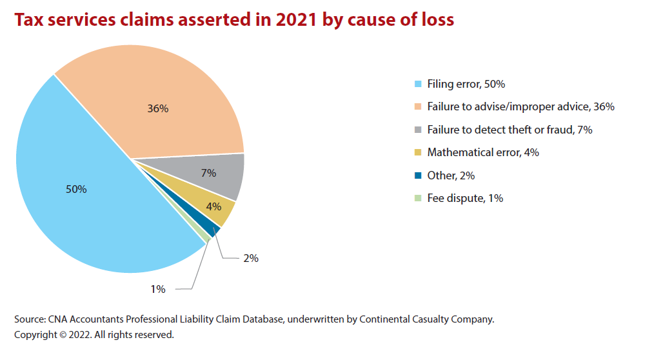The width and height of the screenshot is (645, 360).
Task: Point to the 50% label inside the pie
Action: click(x=76, y=189)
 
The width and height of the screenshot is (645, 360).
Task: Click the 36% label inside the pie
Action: click(x=158, y=108)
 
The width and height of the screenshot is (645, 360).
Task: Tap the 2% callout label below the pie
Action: click(x=251, y=258)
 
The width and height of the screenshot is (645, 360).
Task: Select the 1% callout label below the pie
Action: click(x=158, y=290)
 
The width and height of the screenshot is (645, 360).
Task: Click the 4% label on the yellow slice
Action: click(x=213, y=206)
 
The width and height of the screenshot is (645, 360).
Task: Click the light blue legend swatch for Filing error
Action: click(x=417, y=84)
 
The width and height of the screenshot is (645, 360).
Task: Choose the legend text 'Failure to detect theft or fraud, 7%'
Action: click(x=510, y=130)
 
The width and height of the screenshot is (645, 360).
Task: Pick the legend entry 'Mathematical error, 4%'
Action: click(x=483, y=152)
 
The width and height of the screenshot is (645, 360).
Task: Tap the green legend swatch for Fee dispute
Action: click(x=417, y=198)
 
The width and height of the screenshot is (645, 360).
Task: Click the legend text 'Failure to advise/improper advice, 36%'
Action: click(x=521, y=106)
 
